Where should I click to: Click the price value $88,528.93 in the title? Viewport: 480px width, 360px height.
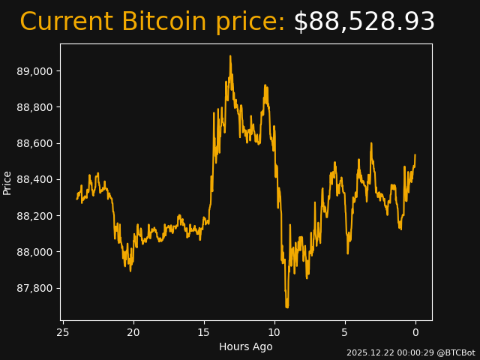(364, 22)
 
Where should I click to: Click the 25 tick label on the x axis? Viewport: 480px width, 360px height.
(63, 331)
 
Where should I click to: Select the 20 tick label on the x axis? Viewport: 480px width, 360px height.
(133, 331)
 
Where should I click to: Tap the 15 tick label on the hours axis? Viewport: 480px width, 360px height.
(204, 331)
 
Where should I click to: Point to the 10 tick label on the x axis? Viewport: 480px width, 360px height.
(274, 331)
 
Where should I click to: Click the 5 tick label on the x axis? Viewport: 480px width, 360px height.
(345, 331)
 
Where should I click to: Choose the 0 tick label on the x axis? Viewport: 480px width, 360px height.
(415, 331)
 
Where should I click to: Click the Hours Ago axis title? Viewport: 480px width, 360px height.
(246, 346)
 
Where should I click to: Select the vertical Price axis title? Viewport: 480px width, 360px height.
(7, 182)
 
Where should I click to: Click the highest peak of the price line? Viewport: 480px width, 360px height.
(230, 56)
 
